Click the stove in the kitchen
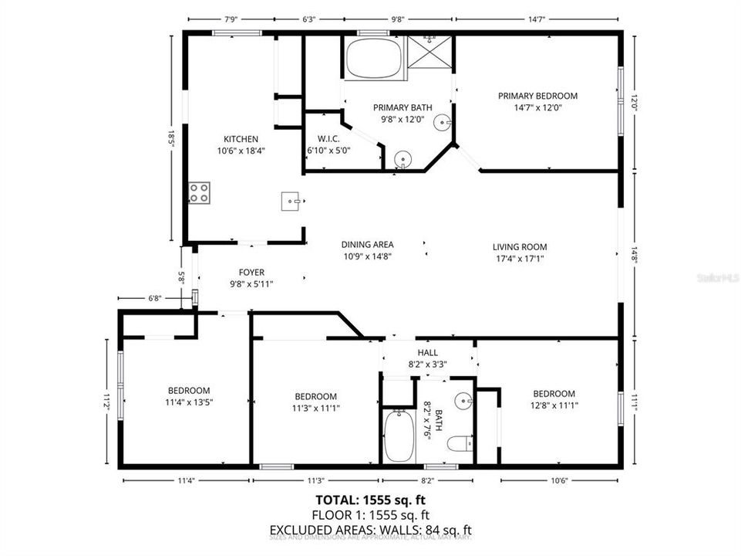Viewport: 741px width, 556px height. [200, 192]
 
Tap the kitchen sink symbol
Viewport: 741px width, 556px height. [291, 202]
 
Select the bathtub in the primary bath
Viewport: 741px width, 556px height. [374, 59]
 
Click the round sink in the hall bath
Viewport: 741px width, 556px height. [463, 401]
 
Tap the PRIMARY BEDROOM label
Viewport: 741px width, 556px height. [537, 96]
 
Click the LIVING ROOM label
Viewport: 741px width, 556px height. [520, 247]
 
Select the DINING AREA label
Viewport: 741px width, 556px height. [368, 245]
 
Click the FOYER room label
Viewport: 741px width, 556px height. [251, 273]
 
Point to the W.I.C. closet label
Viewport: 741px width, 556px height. [318, 139]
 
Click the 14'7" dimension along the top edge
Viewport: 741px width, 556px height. [537, 19]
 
